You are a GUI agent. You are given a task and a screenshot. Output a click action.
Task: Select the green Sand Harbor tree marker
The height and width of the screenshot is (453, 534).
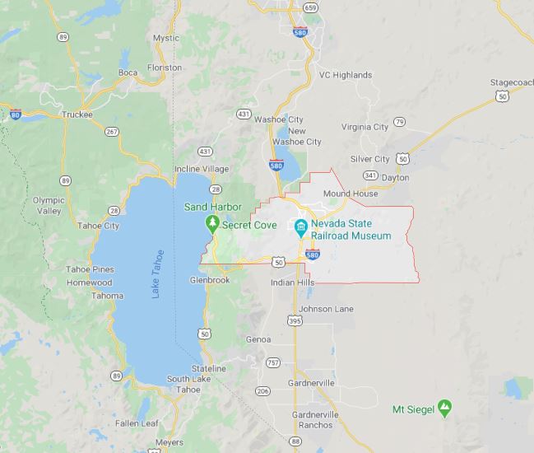211,223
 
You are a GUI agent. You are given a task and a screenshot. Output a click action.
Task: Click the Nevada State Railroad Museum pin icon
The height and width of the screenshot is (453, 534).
301,226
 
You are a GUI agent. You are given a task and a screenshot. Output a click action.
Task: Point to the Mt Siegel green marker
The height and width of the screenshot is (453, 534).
445,407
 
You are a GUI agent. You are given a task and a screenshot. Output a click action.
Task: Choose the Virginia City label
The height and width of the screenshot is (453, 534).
365,127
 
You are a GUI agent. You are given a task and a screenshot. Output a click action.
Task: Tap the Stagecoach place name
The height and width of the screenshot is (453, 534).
512,83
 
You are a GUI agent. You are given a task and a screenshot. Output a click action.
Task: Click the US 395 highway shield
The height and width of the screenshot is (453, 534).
295,320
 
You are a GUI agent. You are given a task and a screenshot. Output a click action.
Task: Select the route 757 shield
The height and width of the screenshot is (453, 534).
273,362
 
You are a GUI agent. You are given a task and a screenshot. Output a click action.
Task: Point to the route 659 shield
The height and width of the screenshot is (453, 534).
310,7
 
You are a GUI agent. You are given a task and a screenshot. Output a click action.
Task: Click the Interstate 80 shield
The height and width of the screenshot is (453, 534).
15,114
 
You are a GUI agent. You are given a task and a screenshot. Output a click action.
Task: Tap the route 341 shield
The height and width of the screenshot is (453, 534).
371,175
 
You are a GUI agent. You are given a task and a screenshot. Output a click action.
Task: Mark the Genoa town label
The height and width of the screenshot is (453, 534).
258,339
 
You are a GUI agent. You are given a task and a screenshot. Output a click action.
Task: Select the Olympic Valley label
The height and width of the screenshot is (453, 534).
49,205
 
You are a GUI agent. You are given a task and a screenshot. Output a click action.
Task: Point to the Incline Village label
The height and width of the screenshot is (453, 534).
201,169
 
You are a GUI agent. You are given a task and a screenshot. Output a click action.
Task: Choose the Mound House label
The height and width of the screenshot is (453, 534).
351,194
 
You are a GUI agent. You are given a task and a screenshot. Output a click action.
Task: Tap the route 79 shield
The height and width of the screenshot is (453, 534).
399,122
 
